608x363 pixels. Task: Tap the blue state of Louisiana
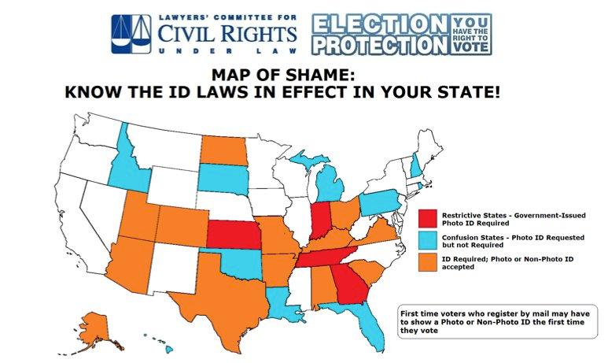pyautogui.click(x=281, y=300)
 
